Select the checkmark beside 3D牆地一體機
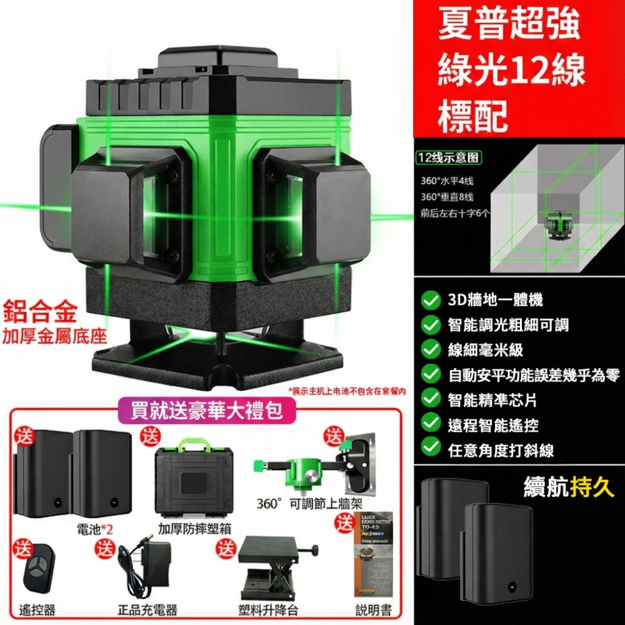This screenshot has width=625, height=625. (x=430, y=301)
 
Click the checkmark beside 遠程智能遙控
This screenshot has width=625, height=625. (x=430, y=424)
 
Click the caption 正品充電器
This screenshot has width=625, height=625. (x=147, y=609)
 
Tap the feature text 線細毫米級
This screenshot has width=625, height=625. (x=486, y=349)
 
